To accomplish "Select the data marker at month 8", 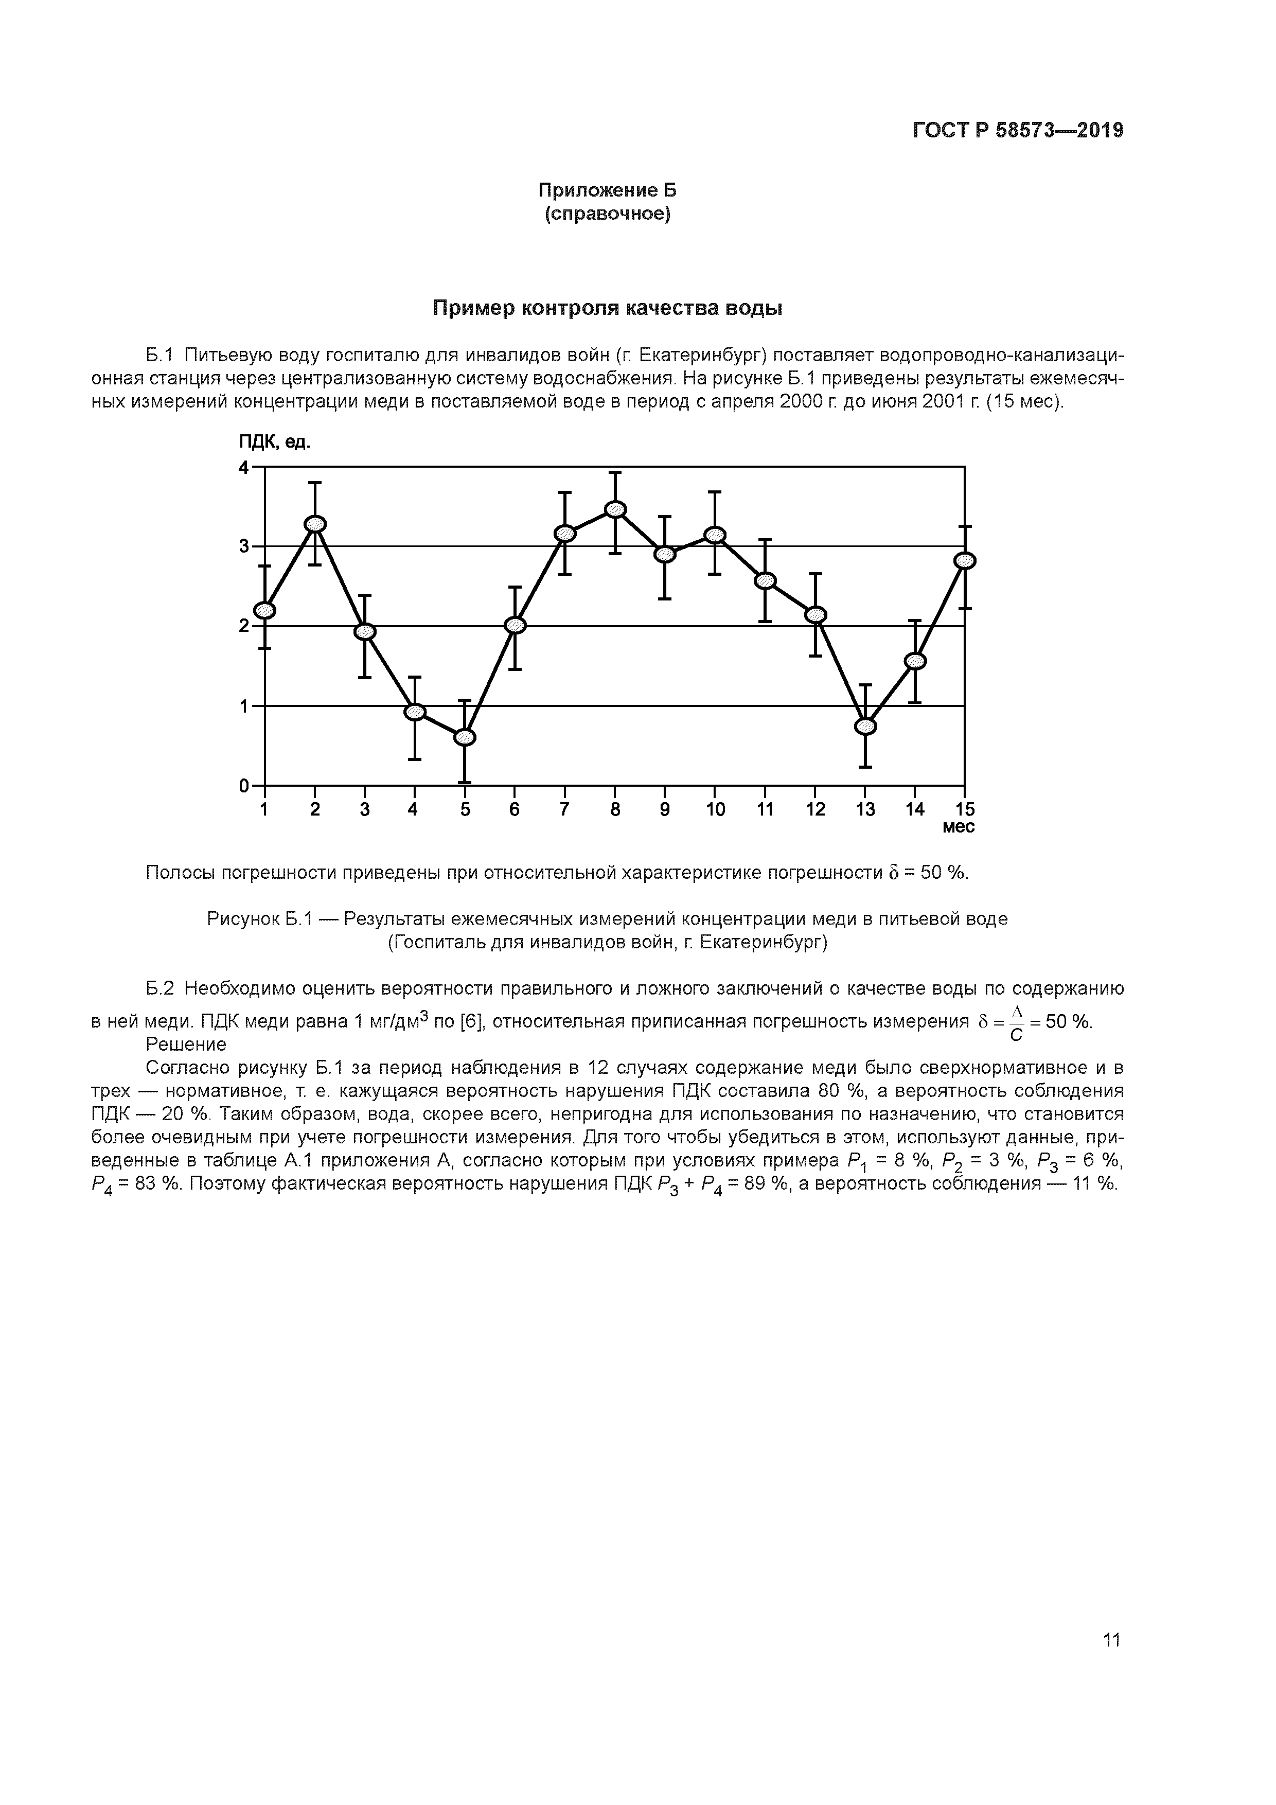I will [x=615, y=509].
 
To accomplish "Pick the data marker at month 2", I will [x=315, y=524].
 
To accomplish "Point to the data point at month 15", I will [x=965, y=560].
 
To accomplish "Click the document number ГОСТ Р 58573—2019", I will [x=1018, y=131].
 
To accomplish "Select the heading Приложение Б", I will [x=607, y=190].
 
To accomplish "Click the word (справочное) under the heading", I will [x=607, y=214].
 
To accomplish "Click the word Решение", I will [x=186, y=1045].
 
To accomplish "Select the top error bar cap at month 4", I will [x=415, y=677].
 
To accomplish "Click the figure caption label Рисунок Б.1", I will [x=260, y=919].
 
